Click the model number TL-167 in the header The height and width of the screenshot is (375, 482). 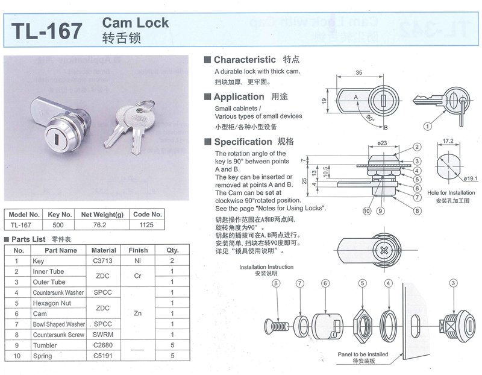[x=47, y=31]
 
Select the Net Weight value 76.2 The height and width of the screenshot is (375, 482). [x=99, y=225]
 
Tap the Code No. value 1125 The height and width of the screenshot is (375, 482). [x=146, y=225]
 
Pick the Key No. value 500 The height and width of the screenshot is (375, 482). [x=58, y=225]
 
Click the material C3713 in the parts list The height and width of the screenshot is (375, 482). [x=102, y=260]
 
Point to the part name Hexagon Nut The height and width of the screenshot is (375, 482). [x=52, y=303]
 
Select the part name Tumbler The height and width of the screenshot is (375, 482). [x=45, y=345]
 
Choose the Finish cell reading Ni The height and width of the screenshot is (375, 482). [x=137, y=260]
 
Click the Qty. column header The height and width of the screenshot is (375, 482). [x=172, y=250]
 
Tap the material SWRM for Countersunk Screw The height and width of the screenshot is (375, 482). [x=103, y=335]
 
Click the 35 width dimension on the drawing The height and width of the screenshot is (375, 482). [x=358, y=72]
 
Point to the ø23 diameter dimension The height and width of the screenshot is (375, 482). [x=382, y=143]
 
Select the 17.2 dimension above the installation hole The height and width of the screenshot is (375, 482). [x=448, y=141]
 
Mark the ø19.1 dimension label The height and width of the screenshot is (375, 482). [x=471, y=178]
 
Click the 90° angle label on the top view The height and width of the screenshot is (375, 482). [x=370, y=118]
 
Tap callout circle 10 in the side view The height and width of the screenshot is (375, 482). [x=367, y=211]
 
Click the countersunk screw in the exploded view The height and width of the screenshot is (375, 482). [x=277, y=326]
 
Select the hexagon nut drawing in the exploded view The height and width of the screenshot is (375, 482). [x=363, y=326]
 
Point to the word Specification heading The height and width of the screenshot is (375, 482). [x=243, y=142]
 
